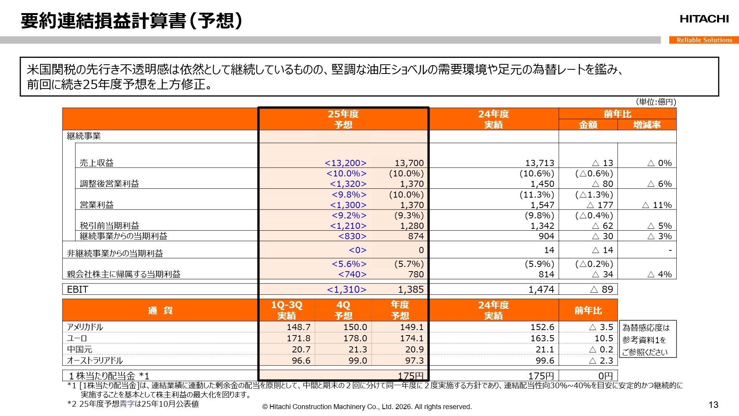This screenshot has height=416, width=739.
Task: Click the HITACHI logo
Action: tap(704, 19)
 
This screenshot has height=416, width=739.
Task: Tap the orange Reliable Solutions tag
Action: tap(704, 40)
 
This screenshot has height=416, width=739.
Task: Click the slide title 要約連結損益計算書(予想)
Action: tap(131, 21)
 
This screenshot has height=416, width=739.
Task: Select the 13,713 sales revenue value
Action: tap(540, 163)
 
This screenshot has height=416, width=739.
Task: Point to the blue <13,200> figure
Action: tap(345, 163)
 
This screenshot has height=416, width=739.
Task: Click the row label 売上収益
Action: tap(97, 163)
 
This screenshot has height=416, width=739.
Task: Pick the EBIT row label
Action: tap(77, 289)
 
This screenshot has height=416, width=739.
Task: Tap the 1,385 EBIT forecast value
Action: tap(411, 289)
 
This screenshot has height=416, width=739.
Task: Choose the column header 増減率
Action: tap(647, 125)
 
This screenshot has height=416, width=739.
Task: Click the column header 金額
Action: tap(588, 125)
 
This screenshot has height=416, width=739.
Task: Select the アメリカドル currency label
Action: tap(85, 327)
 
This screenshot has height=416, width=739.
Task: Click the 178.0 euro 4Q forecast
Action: tap(355, 338)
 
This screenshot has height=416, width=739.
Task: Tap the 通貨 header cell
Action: tap(160, 310)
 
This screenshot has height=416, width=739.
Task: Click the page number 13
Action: tap(713, 405)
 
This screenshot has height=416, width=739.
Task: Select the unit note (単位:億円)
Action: tap(656, 102)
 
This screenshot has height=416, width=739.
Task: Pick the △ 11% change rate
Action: tap(657, 205)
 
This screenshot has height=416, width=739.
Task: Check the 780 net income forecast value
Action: tap(416, 274)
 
